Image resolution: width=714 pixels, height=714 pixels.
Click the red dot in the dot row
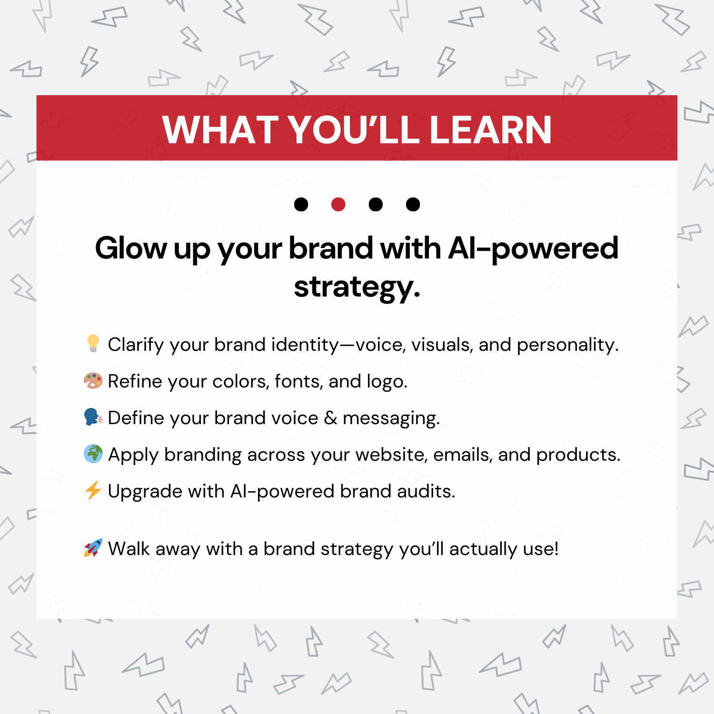pyautogui.click(x=338, y=204)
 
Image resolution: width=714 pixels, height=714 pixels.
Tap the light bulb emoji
pyautogui.click(x=93, y=343)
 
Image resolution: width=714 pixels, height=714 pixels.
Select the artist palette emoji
pyautogui.click(x=93, y=381)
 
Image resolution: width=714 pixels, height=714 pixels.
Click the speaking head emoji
pyautogui.click(x=93, y=417)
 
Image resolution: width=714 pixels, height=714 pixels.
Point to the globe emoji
pyautogui.click(x=93, y=454)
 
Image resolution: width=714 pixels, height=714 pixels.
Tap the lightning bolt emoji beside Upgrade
pyautogui.click(x=93, y=490)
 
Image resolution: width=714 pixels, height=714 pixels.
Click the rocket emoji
pyautogui.click(x=93, y=548)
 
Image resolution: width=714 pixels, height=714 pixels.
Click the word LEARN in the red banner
pyautogui.click(x=490, y=129)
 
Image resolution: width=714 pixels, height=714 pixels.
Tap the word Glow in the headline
pyautogui.click(x=131, y=248)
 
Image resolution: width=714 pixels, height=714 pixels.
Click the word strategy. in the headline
pyautogui.click(x=357, y=288)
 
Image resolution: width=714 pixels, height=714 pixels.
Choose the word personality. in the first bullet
pyautogui.click(x=568, y=345)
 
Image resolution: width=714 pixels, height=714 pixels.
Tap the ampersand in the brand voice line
pyautogui.click(x=330, y=418)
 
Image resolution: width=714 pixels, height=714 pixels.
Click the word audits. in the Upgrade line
pyautogui.click(x=426, y=491)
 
